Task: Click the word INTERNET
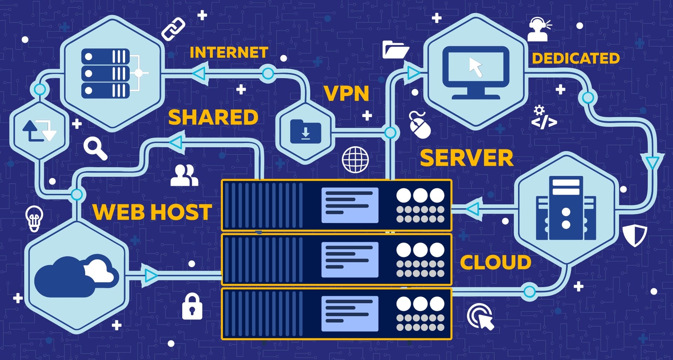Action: tap(229, 53)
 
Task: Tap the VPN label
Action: tap(346, 94)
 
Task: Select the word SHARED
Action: tap(213, 117)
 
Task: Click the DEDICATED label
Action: tap(576, 59)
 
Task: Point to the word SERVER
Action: tap(466, 158)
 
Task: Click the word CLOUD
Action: tap(495, 263)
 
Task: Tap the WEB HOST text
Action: tap(152, 212)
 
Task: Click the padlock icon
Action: tap(192, 307)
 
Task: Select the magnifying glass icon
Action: tap(95, 149)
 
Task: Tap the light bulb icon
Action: tap(34, 218)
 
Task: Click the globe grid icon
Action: tap(355, 159)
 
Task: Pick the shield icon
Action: tap(635, 235)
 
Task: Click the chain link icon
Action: tap(173, 29)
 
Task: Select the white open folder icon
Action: tap(395, 49)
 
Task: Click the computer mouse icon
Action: tap(420, 125)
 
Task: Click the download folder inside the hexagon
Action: tap(305, 132)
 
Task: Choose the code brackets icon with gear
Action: tap(543, 118)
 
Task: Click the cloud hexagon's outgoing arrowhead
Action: tap(151, 276)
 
